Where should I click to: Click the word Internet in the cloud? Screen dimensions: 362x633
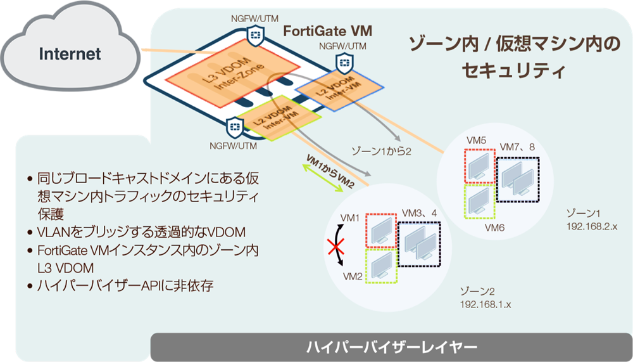(x=70, y=53)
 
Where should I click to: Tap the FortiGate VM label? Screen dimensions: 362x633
(x=327, y=30)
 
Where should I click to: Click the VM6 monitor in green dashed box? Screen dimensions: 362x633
(x=479, y=202)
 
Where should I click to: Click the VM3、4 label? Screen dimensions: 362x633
(x=420, y=214)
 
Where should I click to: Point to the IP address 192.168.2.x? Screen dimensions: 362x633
(x=591, y=226)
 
